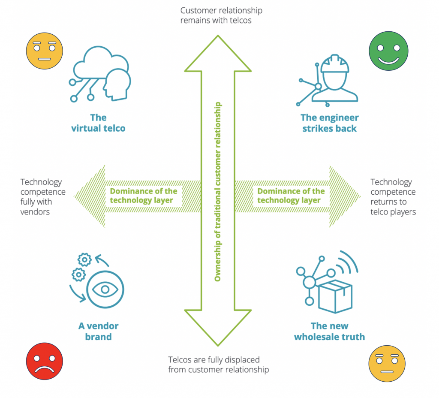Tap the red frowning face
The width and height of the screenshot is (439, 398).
click(45, 361)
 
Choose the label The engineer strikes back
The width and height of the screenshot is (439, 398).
click(329, 123)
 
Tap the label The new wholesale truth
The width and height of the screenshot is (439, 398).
click(329, 331)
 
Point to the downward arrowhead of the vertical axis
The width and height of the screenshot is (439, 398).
click(218, 329)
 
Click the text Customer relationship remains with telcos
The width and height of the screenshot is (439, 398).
click(221, 15)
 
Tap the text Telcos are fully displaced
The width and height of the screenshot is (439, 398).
click(218, 364)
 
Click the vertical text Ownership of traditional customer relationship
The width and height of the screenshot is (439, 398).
click(218, 192)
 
